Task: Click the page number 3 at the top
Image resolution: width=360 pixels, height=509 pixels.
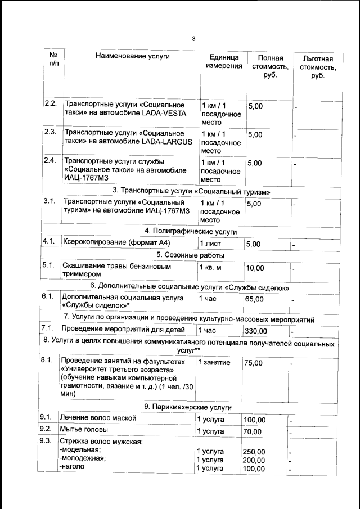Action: tap(193, 39)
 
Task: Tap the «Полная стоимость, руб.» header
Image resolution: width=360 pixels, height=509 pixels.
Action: tap(270, 67)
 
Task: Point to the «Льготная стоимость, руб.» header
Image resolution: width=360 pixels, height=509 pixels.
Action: tap(318, 67)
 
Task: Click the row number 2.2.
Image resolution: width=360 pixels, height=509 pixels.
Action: tap(51, 104)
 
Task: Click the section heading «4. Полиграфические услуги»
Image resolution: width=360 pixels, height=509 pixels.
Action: tap(191, 231)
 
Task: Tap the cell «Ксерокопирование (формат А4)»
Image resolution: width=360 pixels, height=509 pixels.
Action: tap(116, 242)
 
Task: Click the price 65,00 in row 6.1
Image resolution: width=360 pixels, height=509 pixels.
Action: tap(254, 299)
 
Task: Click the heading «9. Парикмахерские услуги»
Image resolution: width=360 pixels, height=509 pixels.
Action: tap(188, 407)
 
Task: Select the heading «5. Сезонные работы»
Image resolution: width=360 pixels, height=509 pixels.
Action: tap(191, 255)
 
